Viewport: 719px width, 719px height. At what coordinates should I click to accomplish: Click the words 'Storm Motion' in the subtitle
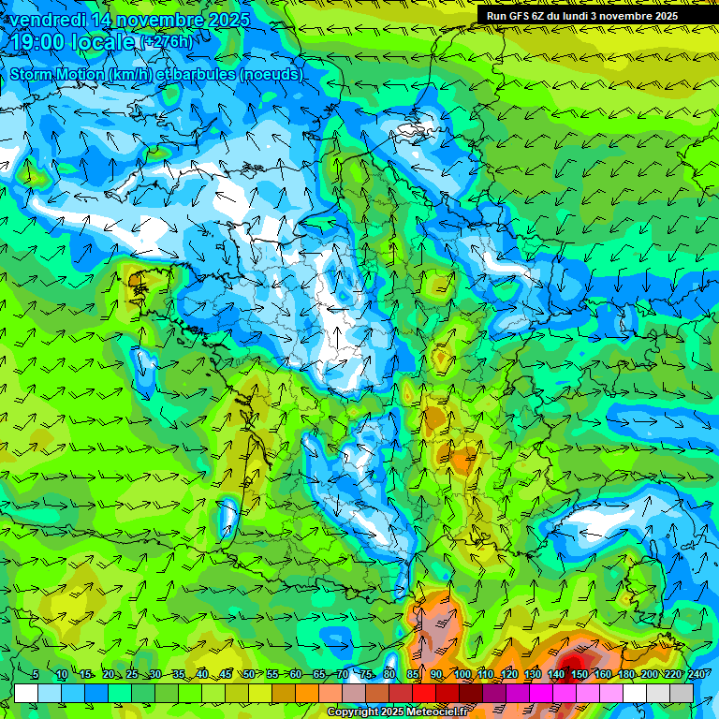[x=57, y=73]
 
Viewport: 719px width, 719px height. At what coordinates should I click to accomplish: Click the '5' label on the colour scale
[x=35, y=675]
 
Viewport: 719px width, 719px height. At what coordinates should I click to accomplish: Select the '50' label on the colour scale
[x=249, y=675]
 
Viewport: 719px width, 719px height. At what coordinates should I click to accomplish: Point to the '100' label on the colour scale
[x=462, y=675]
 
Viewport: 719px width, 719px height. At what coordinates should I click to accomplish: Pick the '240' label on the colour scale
[x=696, y=675]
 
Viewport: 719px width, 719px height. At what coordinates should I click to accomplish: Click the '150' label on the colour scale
[x=580, y=675]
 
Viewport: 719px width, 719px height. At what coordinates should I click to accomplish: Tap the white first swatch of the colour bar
[x=26, y=693]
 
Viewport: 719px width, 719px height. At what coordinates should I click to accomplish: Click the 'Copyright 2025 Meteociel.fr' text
[x=398, y=712]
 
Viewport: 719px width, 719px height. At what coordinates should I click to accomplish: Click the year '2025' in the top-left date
[x=227, y=19]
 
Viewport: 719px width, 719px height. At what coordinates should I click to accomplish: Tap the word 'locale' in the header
[x=102, y=42]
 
